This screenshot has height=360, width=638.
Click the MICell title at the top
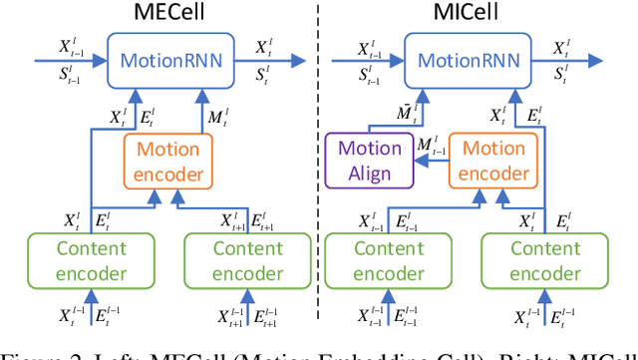coord(482,14)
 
